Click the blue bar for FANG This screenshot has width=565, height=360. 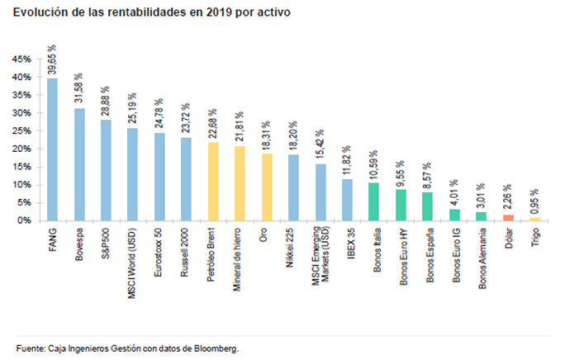52,149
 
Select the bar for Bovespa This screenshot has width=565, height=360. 79,164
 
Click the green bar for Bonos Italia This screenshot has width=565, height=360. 373,201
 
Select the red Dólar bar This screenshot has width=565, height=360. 507,217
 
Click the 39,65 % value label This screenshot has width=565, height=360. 53,60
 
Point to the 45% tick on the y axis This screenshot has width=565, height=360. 21,59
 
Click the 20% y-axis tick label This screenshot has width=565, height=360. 21,149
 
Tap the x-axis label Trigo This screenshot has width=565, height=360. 534,236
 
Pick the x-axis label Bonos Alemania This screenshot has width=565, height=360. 481,255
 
